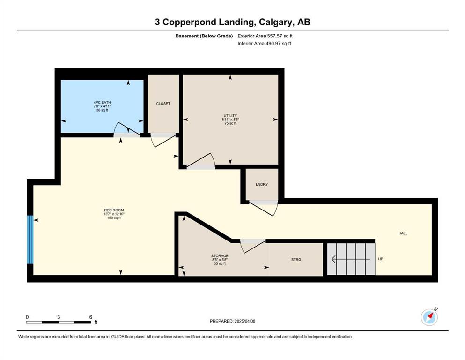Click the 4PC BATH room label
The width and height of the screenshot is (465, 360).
click(102, 102)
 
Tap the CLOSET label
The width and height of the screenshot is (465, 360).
click(163, 104)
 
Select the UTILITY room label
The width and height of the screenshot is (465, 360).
click(230, 116)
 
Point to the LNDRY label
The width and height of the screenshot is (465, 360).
click(262, 184)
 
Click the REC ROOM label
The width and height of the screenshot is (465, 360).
click(114, 210)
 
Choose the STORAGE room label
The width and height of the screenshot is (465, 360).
click(220, 256)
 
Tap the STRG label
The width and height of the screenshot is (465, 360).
click(296, 259)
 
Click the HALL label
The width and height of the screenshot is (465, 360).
click(403, 233)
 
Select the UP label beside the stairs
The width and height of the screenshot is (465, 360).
click(381, 259)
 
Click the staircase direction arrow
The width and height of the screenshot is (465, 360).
click(351, 259)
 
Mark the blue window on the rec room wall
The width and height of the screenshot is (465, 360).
click(30, 240)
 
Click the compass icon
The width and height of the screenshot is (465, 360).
click(429, 317)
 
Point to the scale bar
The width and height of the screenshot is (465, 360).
click(59, 322)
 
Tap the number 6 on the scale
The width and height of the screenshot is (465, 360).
click(91, 317)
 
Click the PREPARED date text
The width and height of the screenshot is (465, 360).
click(232, 321)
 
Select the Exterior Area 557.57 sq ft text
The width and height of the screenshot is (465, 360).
click(265, 36)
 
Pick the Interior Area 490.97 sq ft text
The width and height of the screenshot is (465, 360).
click(264, 43)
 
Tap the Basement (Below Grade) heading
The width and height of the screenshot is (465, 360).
click(204, 36)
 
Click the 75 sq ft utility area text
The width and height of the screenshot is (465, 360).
click(230, 123)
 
